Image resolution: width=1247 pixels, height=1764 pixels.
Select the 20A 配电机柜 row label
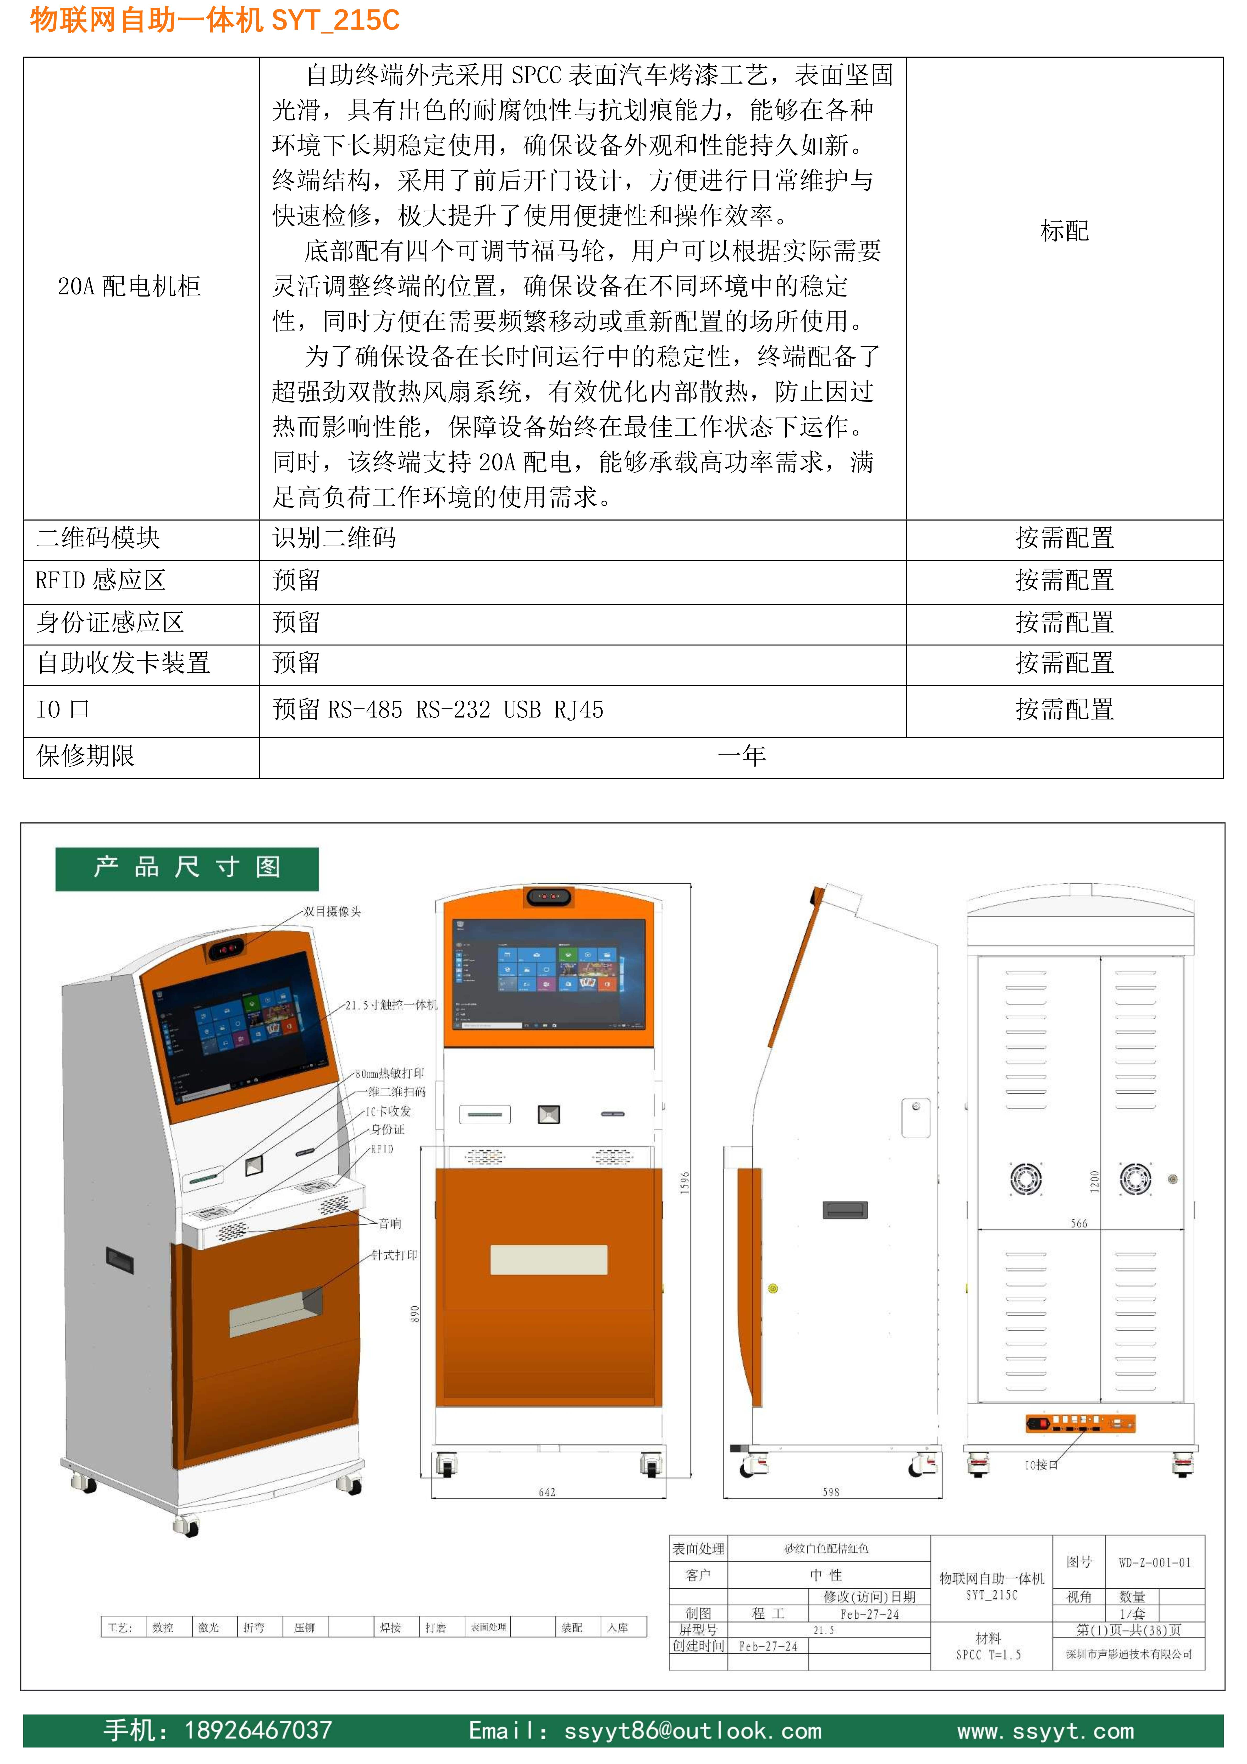[129, 287]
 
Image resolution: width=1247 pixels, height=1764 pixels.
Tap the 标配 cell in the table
[1064, 230]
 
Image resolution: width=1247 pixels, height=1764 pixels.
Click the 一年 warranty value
[741, 756]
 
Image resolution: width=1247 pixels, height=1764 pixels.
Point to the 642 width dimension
[547, 1492]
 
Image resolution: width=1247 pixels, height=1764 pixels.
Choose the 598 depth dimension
[831, 1492]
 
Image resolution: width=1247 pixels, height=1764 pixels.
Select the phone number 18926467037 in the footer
[258, 1730]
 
